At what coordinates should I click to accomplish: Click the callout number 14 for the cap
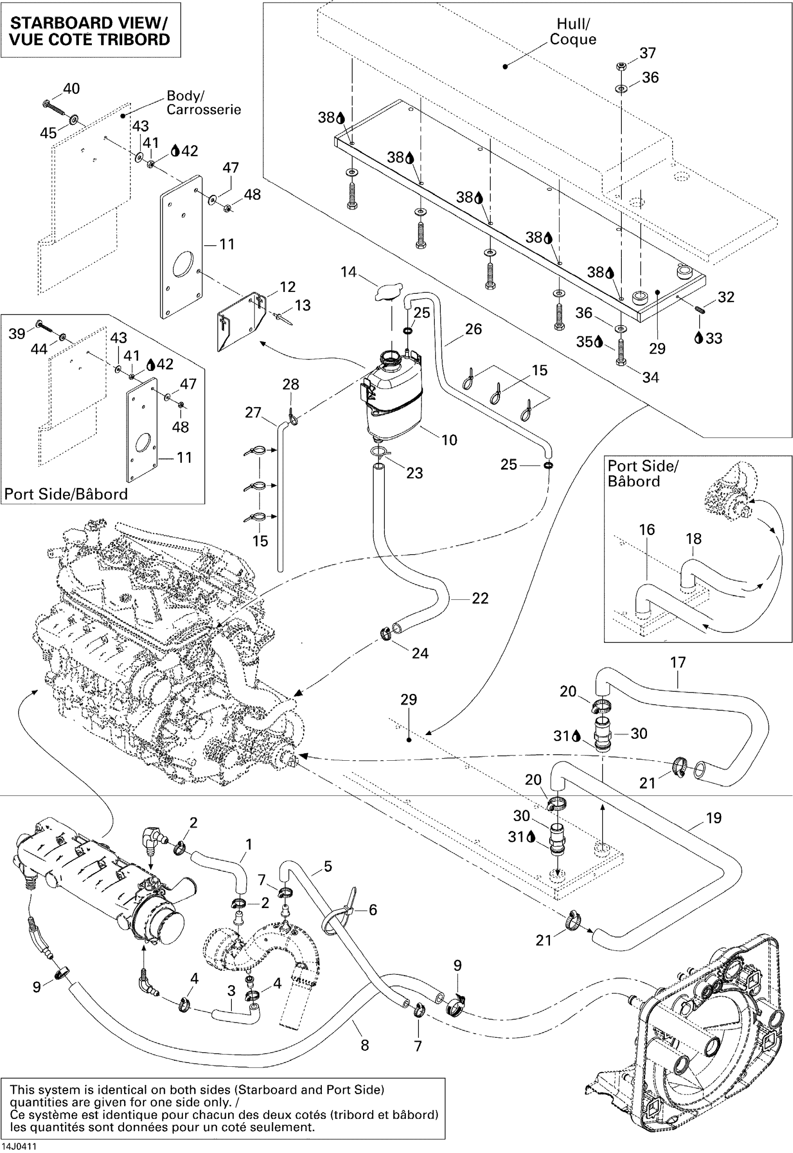tap(348, 272)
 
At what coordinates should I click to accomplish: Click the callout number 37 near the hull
tap(647, 53)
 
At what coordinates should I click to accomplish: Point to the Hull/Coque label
tap(573, 31)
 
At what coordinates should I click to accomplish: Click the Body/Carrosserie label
tap(203, 102)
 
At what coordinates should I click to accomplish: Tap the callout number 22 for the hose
tap(480, 598)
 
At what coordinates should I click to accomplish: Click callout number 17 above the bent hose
tap(678, 662)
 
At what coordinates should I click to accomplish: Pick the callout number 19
tap(714, 818)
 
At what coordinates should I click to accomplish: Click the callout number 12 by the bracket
tap(288, 287)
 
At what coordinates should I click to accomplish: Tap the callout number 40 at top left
tap(71, 89)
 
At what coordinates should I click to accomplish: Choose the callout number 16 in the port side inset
tap(647, 529)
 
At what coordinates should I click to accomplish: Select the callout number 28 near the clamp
tap(291, 384)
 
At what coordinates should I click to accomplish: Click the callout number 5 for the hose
tap(327, 866)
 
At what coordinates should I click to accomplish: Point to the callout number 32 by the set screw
tap(726, 297)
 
